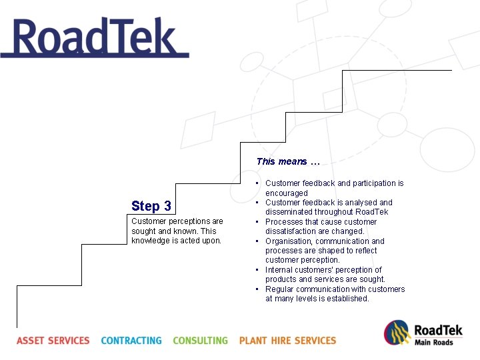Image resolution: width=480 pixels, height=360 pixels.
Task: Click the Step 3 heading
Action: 151,206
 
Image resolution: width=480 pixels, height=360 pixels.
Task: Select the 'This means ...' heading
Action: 288,161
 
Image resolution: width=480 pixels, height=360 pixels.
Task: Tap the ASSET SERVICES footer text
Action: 53,341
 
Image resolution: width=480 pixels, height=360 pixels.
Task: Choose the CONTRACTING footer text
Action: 131,341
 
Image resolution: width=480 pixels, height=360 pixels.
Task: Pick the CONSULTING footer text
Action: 200,341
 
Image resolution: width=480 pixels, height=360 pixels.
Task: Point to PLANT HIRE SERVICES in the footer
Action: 287,341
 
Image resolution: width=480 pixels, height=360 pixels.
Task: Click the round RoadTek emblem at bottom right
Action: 397,333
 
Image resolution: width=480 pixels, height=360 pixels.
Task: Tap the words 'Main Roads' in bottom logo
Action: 433,343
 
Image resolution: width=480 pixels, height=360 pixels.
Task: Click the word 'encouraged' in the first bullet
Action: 287,193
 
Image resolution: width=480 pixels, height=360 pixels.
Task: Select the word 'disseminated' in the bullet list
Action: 289,212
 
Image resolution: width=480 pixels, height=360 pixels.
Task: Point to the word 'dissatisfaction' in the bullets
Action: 291,231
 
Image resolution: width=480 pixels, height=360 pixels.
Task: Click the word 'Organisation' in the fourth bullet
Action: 288,241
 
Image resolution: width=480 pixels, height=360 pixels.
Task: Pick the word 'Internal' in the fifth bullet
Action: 279,270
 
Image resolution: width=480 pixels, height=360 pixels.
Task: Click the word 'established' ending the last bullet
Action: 348,299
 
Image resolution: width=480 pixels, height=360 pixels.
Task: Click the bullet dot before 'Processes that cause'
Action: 257,222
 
